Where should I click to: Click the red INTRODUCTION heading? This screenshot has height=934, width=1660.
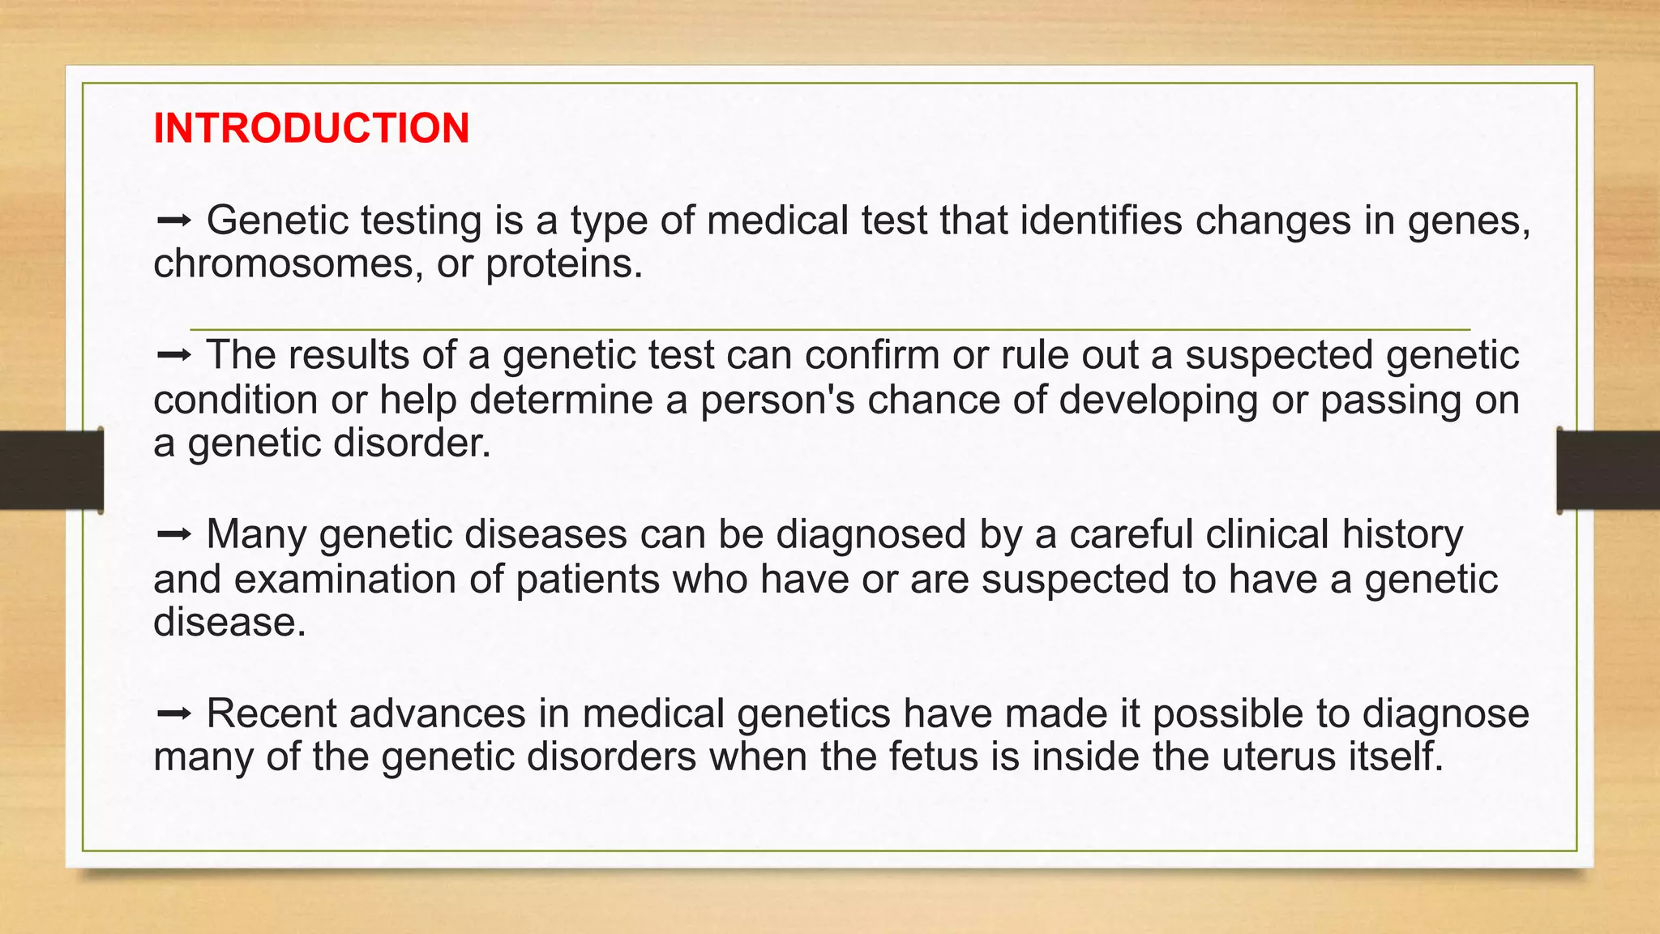pyautogui.click(x=311, y=128)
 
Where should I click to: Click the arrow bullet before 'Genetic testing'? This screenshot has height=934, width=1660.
pyautogui.click(x=173, y=220)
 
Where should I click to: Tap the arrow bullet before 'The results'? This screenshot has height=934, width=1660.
pyautogui.click(x=173, y=354)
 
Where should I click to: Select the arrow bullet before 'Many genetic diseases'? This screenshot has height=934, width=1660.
pyautogui.click(x=173, y=533)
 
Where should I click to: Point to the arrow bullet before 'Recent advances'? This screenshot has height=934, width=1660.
pyautogui.click(x=173, y=713)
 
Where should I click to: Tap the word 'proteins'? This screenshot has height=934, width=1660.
pyautogui.click(x=563, y=263)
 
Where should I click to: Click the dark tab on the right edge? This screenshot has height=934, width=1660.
pyautogui.click(x=1608, y=470)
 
